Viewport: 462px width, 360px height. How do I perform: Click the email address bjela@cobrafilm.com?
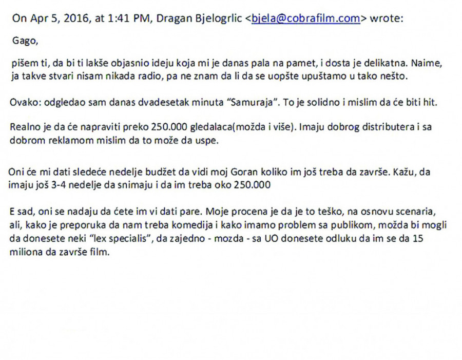pyautogui.click(x=306, y=19)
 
